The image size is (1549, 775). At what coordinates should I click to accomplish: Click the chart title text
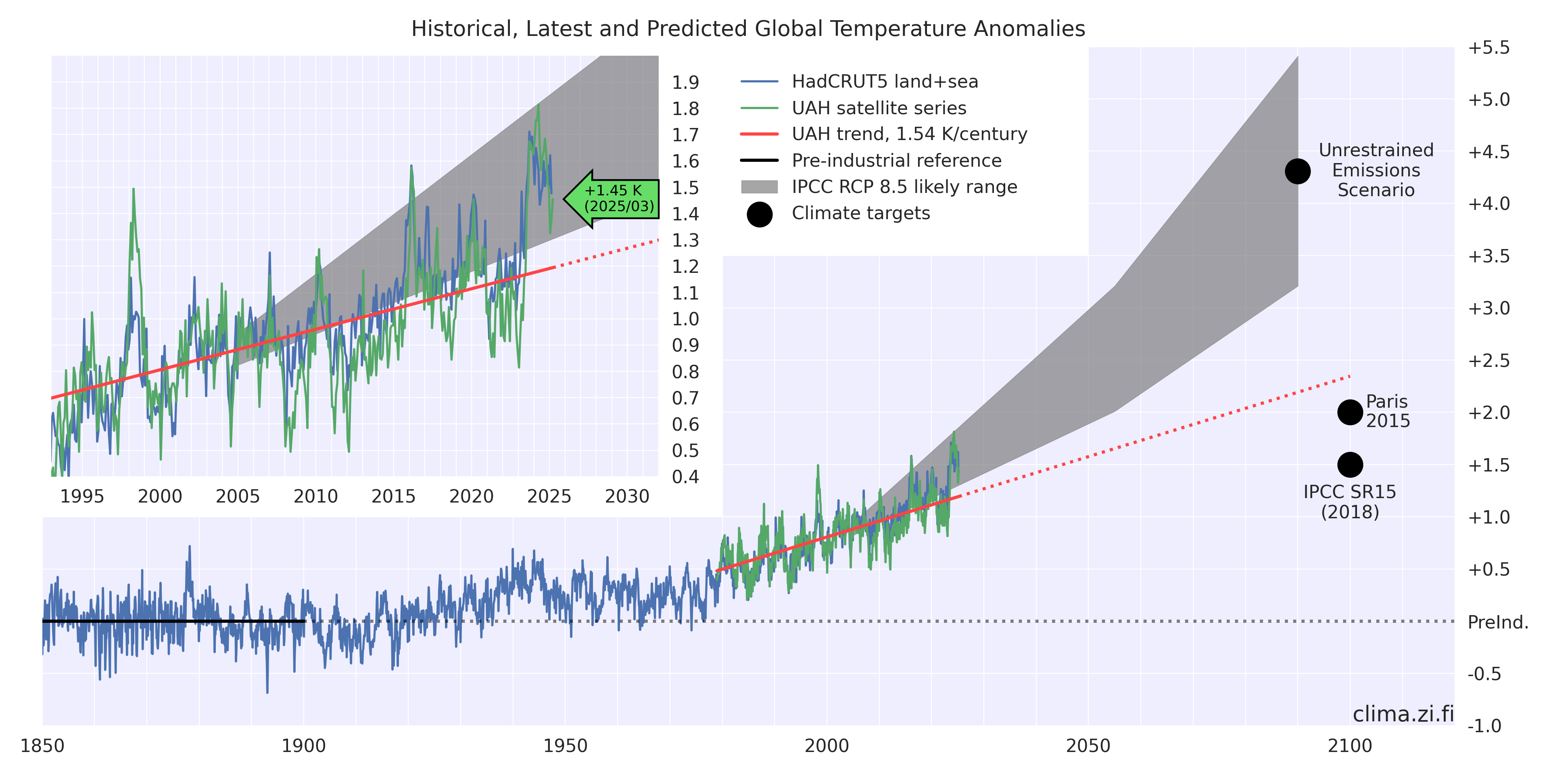pos(748,29)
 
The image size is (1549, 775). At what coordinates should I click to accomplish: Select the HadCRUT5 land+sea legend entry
pos(884,81)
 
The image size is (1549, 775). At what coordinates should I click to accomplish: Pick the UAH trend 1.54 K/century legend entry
pos(908,134)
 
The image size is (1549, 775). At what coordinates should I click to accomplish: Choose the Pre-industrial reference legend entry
pos(896,161)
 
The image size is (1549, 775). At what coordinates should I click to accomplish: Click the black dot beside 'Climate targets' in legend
pos(760,214)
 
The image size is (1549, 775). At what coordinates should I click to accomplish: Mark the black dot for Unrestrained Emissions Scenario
pos(1298,172)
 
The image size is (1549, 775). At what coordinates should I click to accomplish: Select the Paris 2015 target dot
pos(1350,412)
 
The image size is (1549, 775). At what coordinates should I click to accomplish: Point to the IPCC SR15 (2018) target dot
pos(1350,465)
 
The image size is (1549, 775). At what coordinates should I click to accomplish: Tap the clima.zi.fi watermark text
pos(1403,714)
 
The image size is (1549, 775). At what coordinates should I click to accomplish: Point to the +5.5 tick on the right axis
pos(1489,48)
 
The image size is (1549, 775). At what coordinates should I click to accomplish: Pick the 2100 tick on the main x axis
pos(1350,746)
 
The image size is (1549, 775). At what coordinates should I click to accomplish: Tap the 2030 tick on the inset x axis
pos(627,496)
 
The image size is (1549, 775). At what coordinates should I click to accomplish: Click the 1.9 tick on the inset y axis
pos(685,82)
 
